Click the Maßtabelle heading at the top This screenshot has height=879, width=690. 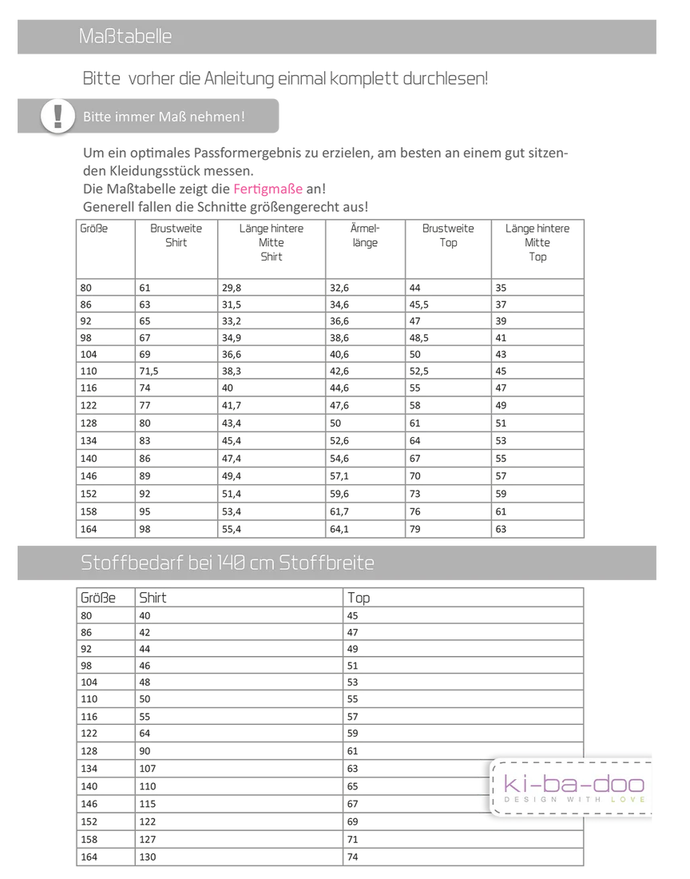click(x=125, y=37)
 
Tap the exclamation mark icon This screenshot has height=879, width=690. click(x=57, y=116)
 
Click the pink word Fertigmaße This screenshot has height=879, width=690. click(x=268, y=189)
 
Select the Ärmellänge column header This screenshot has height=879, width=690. click(x=364, y=235)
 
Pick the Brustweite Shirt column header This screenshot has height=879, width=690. click(x=176, y=235)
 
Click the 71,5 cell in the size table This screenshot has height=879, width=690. click(x=150, y=372)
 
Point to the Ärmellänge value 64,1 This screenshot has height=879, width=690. click(x=339, y=529)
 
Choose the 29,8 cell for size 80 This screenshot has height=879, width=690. click(x=230, y=288)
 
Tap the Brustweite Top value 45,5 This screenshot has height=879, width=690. click(x=419, y=304)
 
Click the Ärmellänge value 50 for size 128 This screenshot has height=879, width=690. click(x=335, y=423)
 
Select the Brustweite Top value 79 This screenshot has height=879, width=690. click(x=414, y=529)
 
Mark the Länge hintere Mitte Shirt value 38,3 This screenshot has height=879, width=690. click(x=230, y=372)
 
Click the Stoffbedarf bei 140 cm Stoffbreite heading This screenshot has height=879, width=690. click(x=227, y=563)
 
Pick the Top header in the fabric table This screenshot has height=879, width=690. click(x=359, y=598)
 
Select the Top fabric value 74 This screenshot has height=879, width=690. click(x=353, y=857)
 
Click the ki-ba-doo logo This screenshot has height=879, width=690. click(x=573, y=786)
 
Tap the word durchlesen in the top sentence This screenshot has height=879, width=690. click(x=444, y=79)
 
